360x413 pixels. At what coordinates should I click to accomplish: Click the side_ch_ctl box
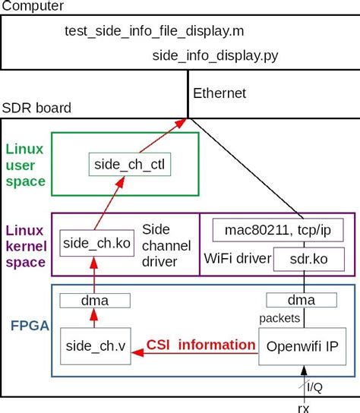click(122, 165)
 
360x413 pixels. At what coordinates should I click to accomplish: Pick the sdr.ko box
click(310, 259)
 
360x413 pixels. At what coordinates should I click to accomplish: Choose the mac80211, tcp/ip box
click(278, 229)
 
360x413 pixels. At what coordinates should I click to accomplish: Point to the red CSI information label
click(201, 345)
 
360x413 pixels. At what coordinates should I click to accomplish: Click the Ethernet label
click(220, 93)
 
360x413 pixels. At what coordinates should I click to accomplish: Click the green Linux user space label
click(25, 162)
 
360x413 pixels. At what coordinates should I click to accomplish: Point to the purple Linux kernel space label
click(25, 244)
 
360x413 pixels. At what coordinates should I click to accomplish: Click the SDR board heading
click(36, 108)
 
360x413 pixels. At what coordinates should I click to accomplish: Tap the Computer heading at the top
click(32, 6)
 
